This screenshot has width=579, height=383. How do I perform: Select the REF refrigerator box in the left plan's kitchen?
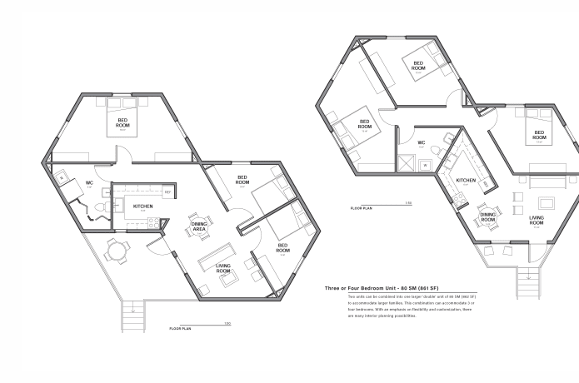[167, 192]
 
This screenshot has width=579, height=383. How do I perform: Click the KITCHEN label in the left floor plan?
[142, 206]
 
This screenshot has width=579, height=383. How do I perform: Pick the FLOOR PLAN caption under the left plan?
[181, 329]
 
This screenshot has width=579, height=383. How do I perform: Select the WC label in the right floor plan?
[422, 142]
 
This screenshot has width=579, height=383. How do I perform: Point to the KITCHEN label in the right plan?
[466, 181]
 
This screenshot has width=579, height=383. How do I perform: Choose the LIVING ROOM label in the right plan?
[537, 221]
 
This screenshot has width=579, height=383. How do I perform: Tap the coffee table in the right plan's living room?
[546, 202]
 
